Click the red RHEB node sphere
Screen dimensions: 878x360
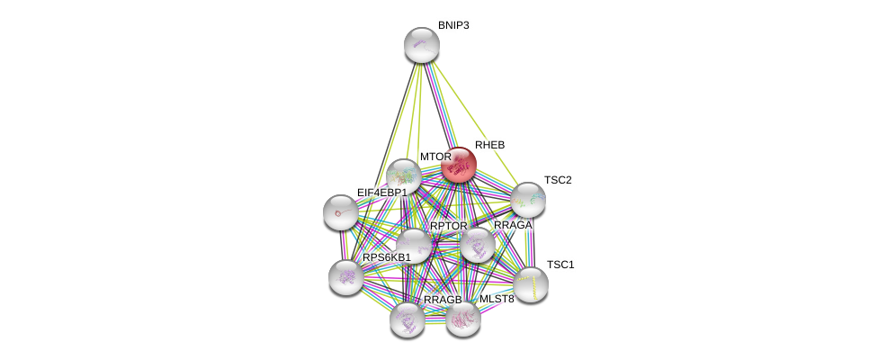coord(459,165)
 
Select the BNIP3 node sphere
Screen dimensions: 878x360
coord(422,45)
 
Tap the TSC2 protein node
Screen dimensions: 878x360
coord(528,200)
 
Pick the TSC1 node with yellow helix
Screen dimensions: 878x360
coord(531,285)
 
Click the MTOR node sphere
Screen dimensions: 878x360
coord(403,176)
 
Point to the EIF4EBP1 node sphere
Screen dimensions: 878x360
coord(340,212)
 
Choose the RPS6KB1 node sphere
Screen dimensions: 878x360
coord(346,278)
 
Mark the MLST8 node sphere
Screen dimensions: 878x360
coord(463,319)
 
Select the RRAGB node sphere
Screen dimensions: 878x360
coord(408,320)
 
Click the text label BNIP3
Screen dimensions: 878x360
coord(453,26)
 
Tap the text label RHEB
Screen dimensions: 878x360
coord(490,145)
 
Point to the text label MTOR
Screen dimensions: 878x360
coord(435,157)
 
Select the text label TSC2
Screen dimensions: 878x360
coord(558,180)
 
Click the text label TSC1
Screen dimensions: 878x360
coord(560,265)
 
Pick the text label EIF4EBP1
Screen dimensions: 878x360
coord(382,193)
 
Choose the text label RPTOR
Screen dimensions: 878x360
coord(449,226)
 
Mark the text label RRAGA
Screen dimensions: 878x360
coord(513,225)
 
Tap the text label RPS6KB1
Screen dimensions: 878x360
coord(387,257)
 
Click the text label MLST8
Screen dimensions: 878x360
coord(497,299)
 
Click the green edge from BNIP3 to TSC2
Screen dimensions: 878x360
coord(475,122)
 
